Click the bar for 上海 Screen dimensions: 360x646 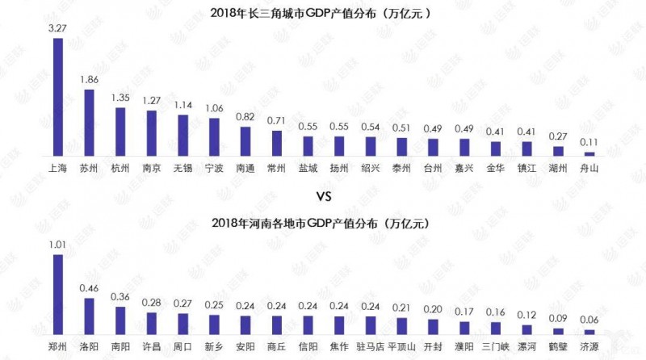57,97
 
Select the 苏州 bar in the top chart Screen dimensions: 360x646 89,122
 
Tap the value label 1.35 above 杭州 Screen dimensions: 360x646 120,98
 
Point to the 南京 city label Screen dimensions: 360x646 151,169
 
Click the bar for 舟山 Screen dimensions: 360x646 589,153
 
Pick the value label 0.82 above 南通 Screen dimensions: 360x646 245,116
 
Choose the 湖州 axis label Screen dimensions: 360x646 558,169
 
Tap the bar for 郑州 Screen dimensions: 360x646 57,294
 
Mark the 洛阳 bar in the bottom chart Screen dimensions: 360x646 89,316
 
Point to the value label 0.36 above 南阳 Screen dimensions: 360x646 120,296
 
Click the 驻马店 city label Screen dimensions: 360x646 370,348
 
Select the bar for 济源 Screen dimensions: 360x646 589,332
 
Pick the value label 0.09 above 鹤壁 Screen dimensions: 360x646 558,318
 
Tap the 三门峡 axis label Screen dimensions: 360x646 496,348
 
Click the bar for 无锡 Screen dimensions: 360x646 182,135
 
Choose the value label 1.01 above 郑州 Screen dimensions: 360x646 57,245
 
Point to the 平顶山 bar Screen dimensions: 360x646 401,325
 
